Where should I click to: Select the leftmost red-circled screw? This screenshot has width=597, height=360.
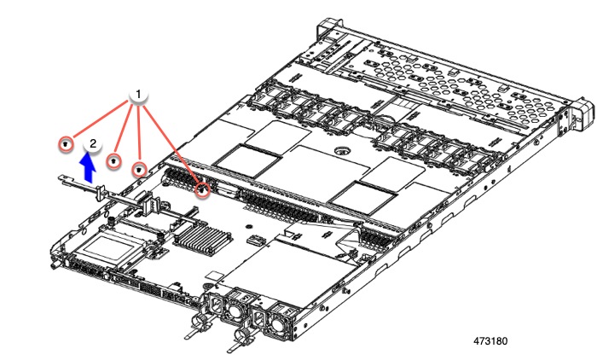65,146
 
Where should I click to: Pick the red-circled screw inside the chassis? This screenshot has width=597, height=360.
202,190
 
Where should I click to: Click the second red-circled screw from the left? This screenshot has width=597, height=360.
113,160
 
